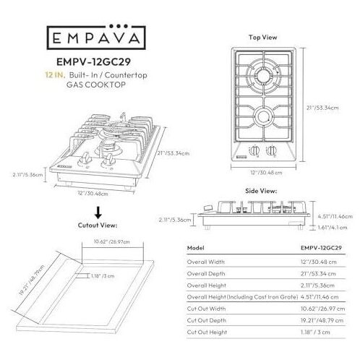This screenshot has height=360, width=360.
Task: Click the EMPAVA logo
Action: pyautogui.click(x=96, y=37)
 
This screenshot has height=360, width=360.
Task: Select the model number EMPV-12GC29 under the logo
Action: pyautogui.click(x=93, y=62)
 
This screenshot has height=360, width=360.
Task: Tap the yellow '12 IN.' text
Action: pyautogui.click(x=55, y=75)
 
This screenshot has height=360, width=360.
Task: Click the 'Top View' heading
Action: pyautogui.click(x=263, y=38)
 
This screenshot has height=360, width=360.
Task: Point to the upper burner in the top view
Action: pyautogui.click(x=263, y=76)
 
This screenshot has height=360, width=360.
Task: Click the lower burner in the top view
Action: pyautogui.click(x=263, y=116)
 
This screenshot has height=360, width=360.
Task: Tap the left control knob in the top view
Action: pyautogui.click(x=254, y=150)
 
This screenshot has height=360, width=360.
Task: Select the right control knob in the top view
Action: pyautogui.click(x=272, y=150)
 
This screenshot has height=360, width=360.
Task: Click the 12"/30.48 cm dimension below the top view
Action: pyautogui.click(x=266, y=173)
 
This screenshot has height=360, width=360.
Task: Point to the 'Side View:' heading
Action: pyautogui.click(x=261, y=191)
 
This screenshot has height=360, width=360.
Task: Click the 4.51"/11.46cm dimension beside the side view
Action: pyautogui.click(x=335, y=216)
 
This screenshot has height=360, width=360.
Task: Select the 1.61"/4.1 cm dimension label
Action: pyautogui.click(x=333, y=227)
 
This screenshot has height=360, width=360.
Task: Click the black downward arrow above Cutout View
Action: pyautogui.click(x=98, y=213)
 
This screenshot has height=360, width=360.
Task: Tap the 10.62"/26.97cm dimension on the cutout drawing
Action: pyautogui.click(x=112, y=241)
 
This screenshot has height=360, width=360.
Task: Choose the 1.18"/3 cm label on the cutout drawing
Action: pyautogui.click(x=103, y=276)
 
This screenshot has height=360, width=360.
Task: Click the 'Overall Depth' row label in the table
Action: pyautogui.click(x=206, y=274)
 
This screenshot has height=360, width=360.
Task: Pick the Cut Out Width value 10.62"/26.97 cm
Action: pyautogui.click(x=322, y=309)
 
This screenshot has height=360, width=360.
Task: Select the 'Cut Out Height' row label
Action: pyautogui.click(x=207, y=332)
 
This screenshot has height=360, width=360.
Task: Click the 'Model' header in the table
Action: pyautogui.click(x=196, y=248)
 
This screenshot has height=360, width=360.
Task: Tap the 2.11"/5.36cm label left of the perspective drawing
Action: pyautogui.click(x=27, y=174)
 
